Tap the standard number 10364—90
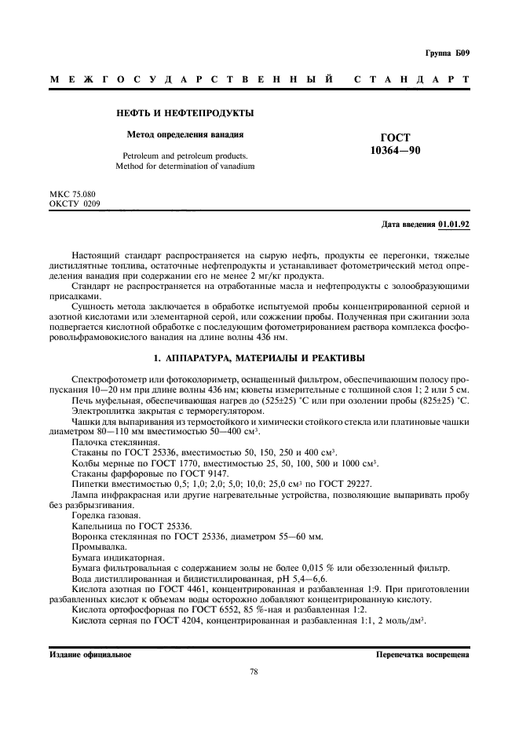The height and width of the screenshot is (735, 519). coord(395,151)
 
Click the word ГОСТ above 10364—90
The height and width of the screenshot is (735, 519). coord(395,137)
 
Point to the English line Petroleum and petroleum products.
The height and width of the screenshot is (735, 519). coord(185,156)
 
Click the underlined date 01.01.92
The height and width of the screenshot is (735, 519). coord(453,225)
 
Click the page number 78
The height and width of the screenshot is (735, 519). coord(254,671)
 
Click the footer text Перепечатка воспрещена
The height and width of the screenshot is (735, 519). coord(422,653)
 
